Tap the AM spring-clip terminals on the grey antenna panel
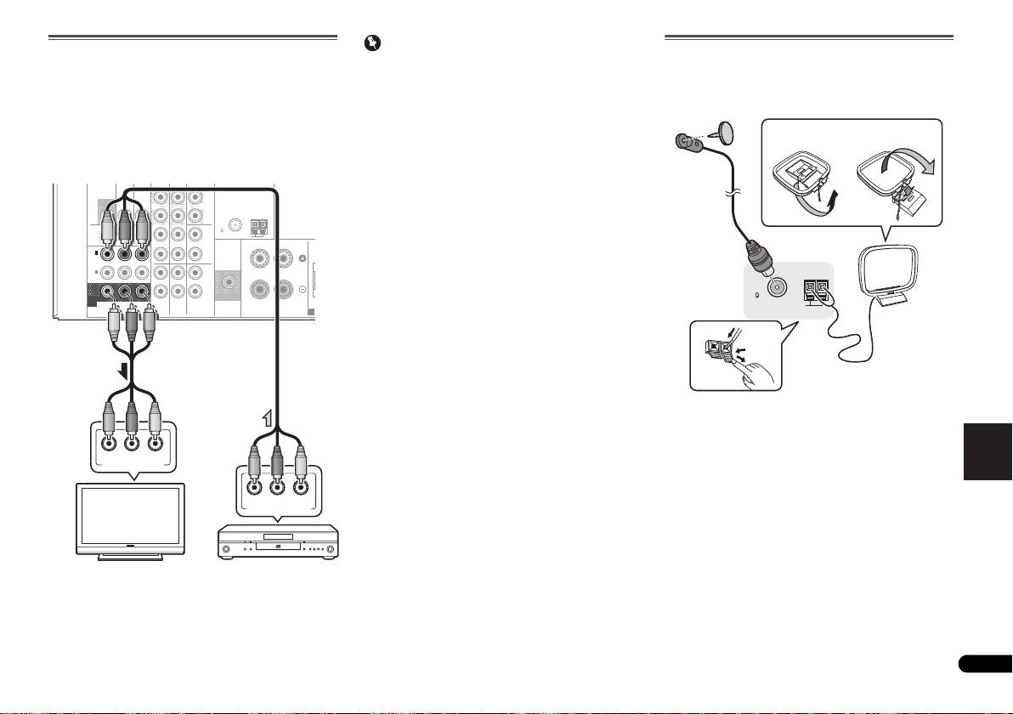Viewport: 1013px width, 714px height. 818,292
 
